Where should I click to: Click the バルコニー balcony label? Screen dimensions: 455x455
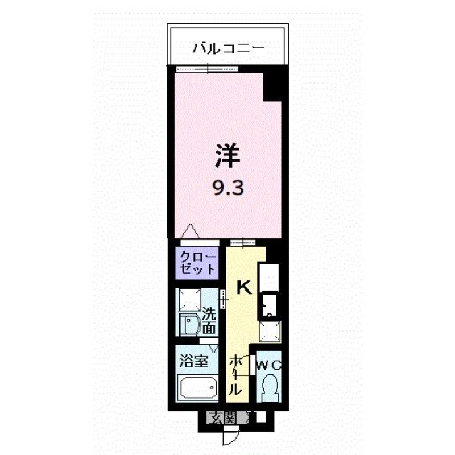pos(229,49)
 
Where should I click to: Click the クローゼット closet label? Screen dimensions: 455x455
pos(198,263)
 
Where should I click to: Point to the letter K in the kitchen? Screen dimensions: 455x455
pos(245,288)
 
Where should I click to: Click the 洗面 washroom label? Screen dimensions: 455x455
pos(209,321)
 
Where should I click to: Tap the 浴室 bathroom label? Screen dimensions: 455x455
pos(193,361)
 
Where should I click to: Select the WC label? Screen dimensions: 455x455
pos(268,365)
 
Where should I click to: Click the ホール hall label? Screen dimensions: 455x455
pos(235,375)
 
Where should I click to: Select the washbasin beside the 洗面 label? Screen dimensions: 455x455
pos(190,324)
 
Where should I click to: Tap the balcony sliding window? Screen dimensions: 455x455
pos(207,69)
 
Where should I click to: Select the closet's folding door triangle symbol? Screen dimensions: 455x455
pos(191,231)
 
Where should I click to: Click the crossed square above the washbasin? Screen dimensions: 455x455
pos(190,300)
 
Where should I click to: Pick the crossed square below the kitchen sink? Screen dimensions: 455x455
pos(270,332)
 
